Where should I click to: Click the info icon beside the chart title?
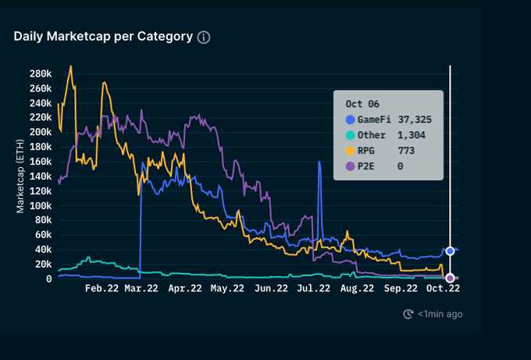(204, 37)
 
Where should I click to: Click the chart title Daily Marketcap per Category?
(103, 37)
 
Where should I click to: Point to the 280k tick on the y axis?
(39, 73)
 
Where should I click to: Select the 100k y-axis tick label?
(39, 205)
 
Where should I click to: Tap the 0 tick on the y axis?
(48, 279)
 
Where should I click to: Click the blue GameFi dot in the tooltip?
(350, 119)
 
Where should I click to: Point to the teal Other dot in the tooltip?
(350, 134)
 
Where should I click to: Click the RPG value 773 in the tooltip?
(405, 150)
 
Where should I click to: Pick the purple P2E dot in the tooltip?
(350, 166)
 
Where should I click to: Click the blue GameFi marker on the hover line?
(450, 251)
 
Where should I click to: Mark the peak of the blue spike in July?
(319, 162)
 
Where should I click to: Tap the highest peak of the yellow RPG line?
(71, 66)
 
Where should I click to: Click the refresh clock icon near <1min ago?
(408, 314)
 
